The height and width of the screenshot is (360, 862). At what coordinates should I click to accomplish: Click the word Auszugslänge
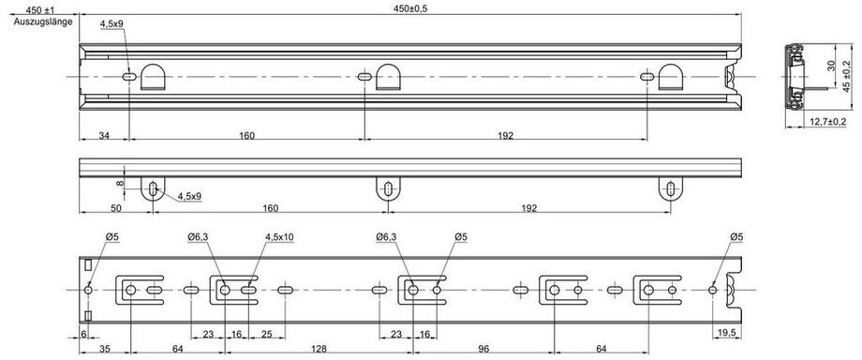click(43, 22)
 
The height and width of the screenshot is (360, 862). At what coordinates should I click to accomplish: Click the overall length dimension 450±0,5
click(410, 8)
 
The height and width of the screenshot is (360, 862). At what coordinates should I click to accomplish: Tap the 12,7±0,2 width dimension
click(827, 122)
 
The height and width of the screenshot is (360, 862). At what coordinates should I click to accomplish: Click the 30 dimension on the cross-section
click(831, 66)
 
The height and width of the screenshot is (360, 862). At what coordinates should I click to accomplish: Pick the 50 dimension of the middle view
click(115, 208)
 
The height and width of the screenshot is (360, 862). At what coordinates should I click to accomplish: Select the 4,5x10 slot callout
click(279, 236)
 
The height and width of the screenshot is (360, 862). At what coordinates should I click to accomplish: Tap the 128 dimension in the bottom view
click(319, 348)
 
